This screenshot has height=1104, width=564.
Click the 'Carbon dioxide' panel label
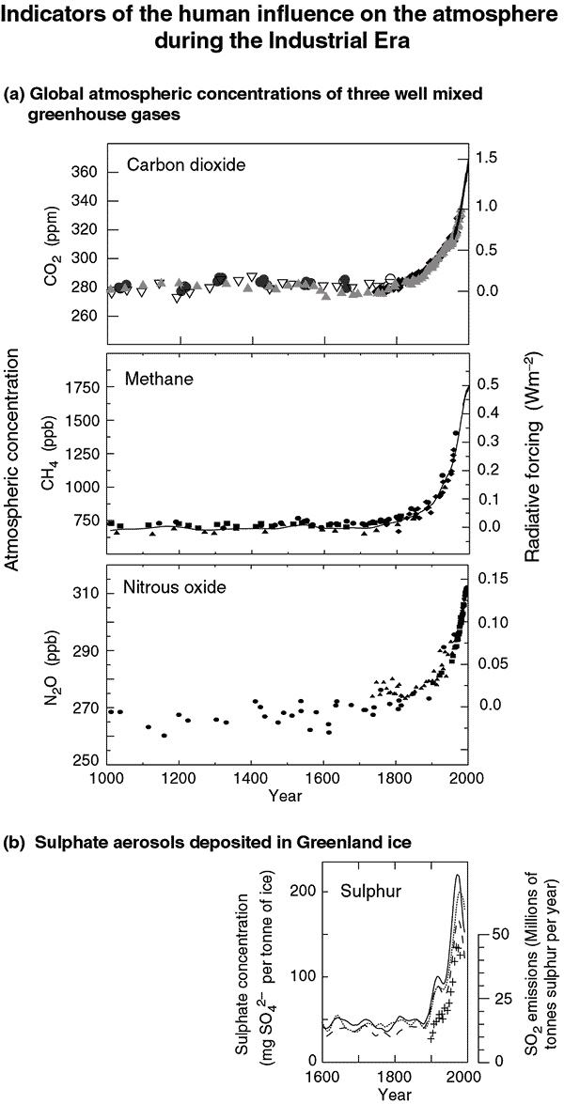186,165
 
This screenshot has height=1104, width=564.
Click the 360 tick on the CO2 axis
85,173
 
